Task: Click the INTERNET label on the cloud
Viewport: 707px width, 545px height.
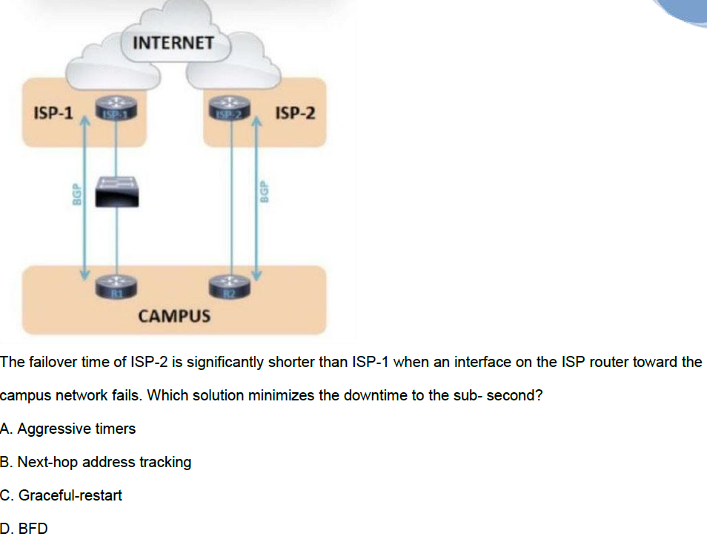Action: click(174, 43)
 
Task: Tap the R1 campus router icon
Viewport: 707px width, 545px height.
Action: click(116, 286)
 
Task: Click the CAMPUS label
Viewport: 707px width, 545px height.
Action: click(175, 317)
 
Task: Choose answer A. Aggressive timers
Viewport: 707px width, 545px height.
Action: click(68, 429)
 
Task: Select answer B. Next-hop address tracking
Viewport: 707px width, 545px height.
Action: click(96, 462)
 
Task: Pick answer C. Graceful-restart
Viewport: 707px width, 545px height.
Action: click(62, 495)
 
